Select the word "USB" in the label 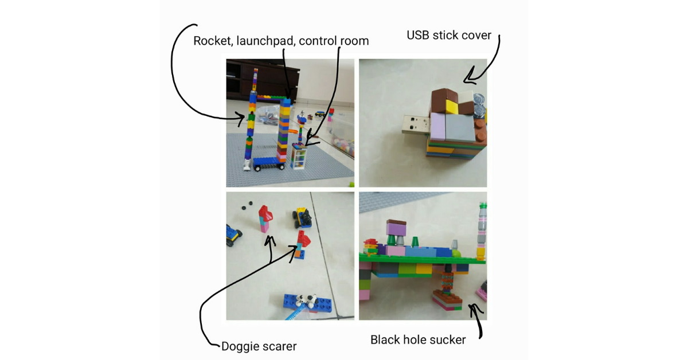(x=418, y=35)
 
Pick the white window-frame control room (x=299, y=156)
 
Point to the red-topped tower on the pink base (x=265, y=218)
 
